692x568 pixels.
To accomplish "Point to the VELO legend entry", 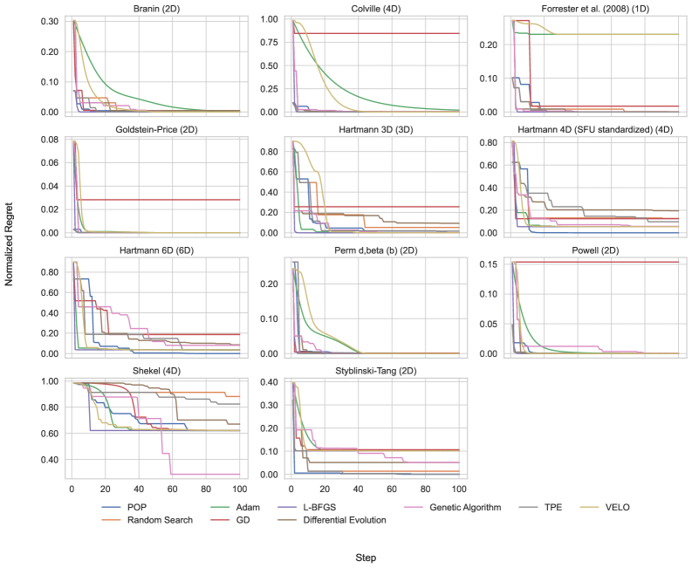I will tap(615, 508).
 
